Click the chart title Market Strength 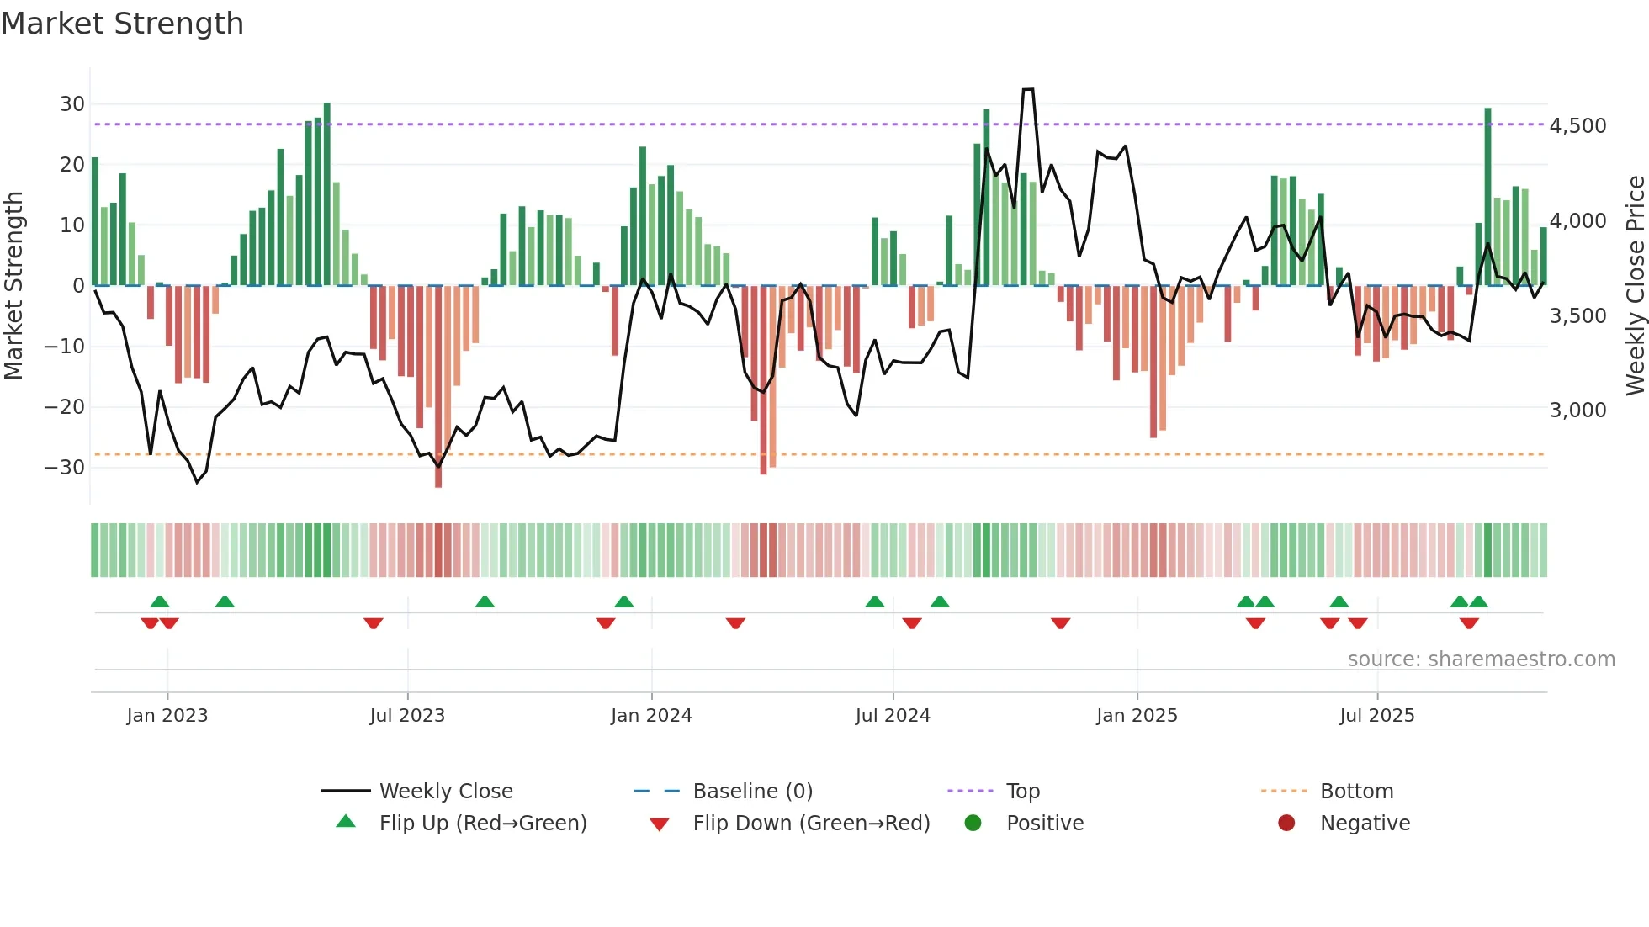[x=122, y=24]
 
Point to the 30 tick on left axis [x=72, y=104]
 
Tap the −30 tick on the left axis [x=65, y=468]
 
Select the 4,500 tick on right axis [x=1577, y=126]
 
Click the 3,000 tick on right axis [x=1577, y=411]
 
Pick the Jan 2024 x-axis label [x=651, y=716]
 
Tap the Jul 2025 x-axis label [x=1376, y=716]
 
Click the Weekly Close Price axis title [x=1635, y=286]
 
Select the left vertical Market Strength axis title [x=13, y=286]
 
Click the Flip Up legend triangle [x=346, y=822]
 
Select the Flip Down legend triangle [x=660, y=824]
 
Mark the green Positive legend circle [x=973, y=823]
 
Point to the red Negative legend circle [x=1286, y=823]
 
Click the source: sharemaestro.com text [x=1481, y=659]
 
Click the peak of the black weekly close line [x=1028, y=89]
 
